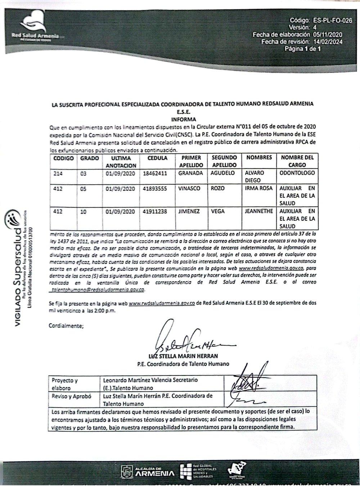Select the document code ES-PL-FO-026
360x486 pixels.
pyautogui.click(x=332, y=21)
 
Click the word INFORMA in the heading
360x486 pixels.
pyautogui.click(x=184, y=119)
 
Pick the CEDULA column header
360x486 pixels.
pyautogui.click(x=157, y=158)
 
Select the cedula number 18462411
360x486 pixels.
pyautogui.click(x=155, y=173)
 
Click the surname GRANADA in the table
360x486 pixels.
pyautogui.click(x=191, y=173)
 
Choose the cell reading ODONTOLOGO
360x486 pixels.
pyautogui.click(x=297, y=173)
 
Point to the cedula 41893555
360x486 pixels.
pyautogui.click(x=155, y=188)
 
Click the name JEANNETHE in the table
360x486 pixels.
pyautogui.click(x=258, y=211)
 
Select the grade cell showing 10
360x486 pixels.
pyautogui.click(x=84, y=212)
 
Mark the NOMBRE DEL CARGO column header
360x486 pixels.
pyautogui.click(x=297, y=161)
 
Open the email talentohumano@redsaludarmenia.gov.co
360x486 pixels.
pyautogui.click(x=98, y=289)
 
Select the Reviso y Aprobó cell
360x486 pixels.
pyautogui.click(x=71, y=396)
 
